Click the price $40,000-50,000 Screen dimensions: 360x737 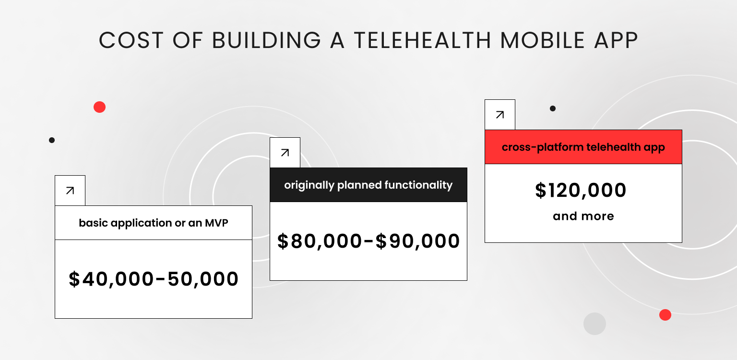point(154,279)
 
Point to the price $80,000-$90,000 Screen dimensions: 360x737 point(368,241)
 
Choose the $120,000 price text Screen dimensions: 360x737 point(581,191)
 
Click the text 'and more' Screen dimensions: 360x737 point(583,216)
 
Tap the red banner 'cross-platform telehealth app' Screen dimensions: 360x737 point(583,147)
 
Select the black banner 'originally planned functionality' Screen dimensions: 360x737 point(368,185)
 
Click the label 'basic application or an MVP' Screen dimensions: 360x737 point(153,223)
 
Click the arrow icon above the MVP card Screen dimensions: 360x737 point(70,191)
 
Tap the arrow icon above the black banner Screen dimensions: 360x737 point(285,153)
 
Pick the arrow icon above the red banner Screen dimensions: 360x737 point(500,115)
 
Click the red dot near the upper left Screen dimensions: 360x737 point(99,107)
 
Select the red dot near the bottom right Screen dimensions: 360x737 point(665,315)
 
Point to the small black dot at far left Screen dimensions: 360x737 point(52,140)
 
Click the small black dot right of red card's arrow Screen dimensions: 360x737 point(553,108)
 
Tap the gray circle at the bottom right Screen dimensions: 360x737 point(594,324)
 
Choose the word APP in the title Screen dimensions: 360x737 point(616,41)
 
